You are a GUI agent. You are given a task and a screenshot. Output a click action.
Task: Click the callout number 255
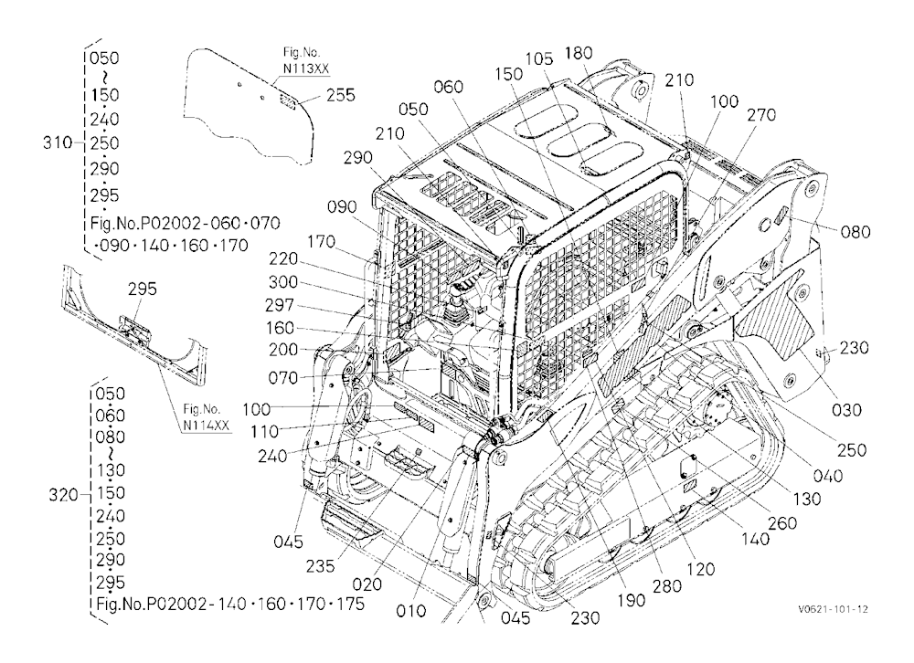pyautogui.click(x=340, y=95)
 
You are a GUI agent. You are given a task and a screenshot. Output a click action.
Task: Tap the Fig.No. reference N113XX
pyautogui.click(x=306, y=68)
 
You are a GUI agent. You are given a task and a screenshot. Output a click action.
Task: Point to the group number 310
pyautogui.click(x=57, y=142)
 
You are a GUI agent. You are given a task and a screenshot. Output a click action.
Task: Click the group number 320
pyautogui.click(x=64, y=495)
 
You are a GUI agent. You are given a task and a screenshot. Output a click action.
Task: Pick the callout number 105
pyautogui.click(x=539, y=58)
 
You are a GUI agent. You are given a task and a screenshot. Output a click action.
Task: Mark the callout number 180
pyautogui.click(x=579, y=53)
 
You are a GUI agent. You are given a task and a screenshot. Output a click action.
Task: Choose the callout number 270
pyautogui.click(x=761, y=115)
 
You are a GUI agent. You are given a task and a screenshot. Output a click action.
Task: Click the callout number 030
pyautogui.click(x=846, y=410)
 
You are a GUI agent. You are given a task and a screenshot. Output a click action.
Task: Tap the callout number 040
pyautogui.click(x=828, y=476)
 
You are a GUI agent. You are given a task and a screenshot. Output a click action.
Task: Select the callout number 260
pyautogui.click(x=782, y=523)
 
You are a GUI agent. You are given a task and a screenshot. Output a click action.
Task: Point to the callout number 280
pyautogui.click(x=667, y=585)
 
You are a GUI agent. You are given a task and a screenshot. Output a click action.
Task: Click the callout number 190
pyautogui.click(x=631, y=600)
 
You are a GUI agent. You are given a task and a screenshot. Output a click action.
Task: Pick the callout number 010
pyautogui.click(x=411, y=611)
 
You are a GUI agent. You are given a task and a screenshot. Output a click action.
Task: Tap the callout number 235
pyautogui.click(x=320, y=565)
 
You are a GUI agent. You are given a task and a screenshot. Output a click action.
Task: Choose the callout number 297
pyautogui.click(x=280, y=305)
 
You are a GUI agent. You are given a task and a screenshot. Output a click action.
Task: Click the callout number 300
pyautogui.click(x=283, y=282)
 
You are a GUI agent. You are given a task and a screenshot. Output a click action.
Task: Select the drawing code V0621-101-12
pyautogui.click(x=833, y=609)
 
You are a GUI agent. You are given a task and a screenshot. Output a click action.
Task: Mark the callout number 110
pyautogui.click(x=264, y=432)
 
